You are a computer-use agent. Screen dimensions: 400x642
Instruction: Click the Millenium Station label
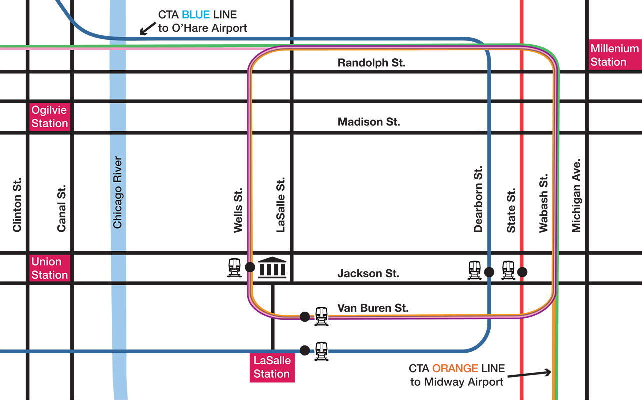[x=614, y=55]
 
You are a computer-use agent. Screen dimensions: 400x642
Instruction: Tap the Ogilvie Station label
[x=49, y=117]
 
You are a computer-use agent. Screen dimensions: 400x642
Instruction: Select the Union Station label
[x=49, y=268]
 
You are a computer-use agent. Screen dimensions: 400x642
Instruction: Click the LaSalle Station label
[x=272, y=367]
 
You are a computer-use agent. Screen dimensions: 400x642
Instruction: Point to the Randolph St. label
[x=371, y=63]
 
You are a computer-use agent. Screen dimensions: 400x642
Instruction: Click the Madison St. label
[x=369, y=122]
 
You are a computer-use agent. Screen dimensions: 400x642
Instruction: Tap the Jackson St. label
[x=368, y=273]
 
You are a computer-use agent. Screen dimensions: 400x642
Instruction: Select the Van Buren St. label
[x=373, y=308]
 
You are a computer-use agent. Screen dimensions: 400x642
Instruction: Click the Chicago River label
[x=117, y=193]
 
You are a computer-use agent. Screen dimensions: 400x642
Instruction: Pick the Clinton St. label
[x=17, y=205]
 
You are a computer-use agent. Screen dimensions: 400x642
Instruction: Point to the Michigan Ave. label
[x=576, y=196]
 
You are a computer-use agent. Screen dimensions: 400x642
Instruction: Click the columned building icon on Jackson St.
[x=272, y=267]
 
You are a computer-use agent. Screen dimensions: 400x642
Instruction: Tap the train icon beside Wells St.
[x=234, y=268]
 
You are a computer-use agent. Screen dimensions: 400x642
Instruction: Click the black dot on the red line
[x=522, y=272]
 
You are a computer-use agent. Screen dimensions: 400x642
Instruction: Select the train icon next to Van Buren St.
[x=321, y=316]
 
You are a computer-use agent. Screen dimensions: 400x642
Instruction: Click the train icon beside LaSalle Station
[x=321, y=351]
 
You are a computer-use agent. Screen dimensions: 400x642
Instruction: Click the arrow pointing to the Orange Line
[x=530, y=374]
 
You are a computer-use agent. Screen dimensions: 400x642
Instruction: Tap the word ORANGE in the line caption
[x=455, y=369]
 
